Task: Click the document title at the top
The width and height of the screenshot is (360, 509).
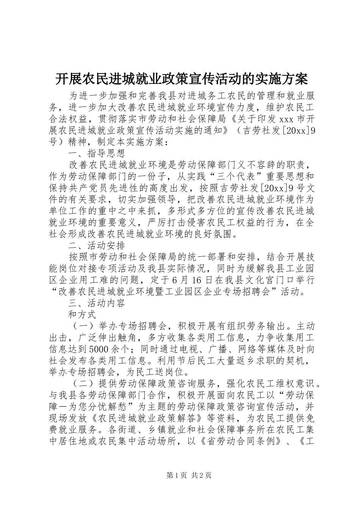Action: [x=180, y=79]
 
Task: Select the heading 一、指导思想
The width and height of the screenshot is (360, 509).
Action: [x=96, y=154]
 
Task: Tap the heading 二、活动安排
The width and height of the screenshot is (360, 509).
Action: [x=96, y=247]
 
